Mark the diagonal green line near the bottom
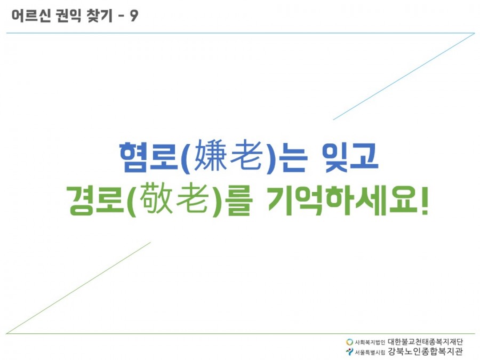tap(78, 287)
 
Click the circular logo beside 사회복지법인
tap(349, 342)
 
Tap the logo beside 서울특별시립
tap(349, 351)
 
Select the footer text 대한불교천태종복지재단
tap(426, 342)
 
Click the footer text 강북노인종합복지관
tap(426, 351)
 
